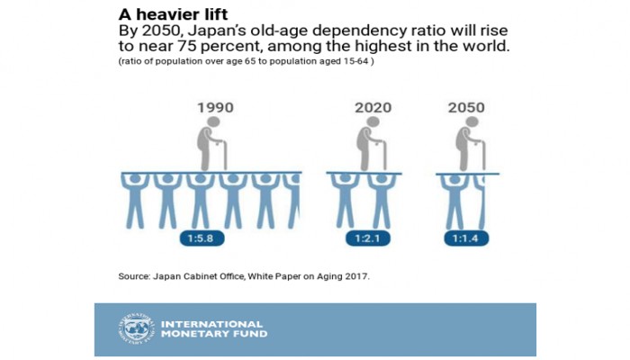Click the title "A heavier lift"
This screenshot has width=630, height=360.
click(x=171, y=15)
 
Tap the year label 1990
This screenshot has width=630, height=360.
click(x=215, y=108)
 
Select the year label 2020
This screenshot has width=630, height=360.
click(x=372, y=108)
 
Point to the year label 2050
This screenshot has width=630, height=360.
click(x=467, y=108)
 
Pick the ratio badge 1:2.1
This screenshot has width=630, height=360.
click(x=369, y=239)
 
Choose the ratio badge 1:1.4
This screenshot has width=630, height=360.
click(x=465, y=239)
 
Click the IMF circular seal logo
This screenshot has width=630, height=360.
click(x=135, y=329)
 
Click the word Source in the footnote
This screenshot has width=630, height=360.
click(x=135, y=276)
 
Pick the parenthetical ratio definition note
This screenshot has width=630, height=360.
click(x=246, y=64)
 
